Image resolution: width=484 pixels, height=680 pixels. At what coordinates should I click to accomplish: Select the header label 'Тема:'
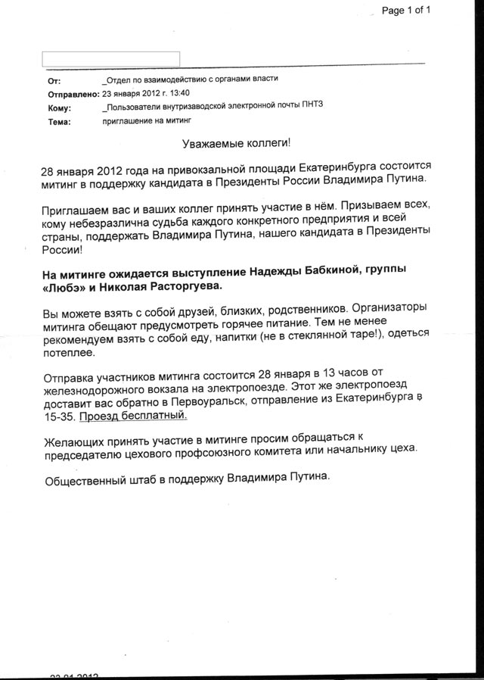pos(58,121)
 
